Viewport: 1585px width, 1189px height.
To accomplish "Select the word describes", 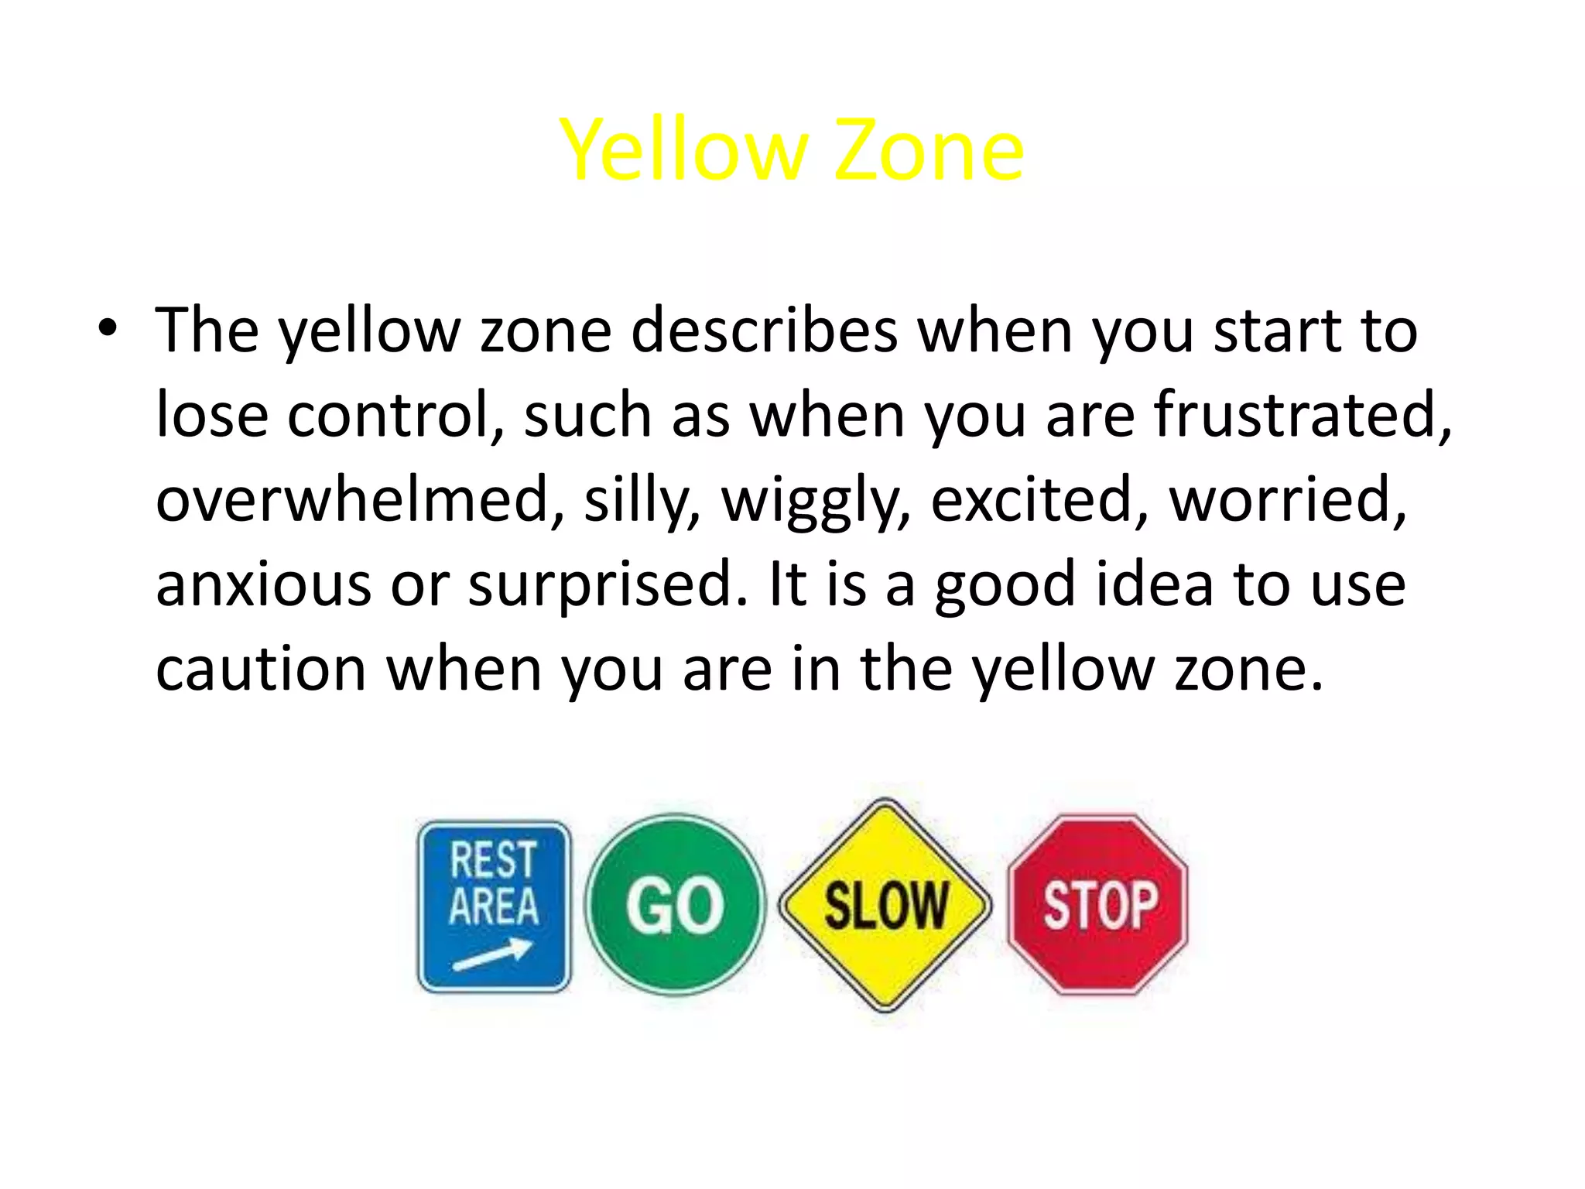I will click(x=764, y=331).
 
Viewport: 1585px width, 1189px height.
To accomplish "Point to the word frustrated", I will click(x=1302, y=415).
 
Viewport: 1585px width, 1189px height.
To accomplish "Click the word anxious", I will click(x=263, y=584).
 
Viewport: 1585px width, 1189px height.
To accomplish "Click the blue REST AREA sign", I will click(x=495, y=906).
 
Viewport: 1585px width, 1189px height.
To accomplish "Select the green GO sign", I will click(x=675, y=905).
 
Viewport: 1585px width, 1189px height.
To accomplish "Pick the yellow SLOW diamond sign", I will click(x=885, y=905).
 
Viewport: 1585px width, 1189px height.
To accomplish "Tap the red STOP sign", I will click(x=1098, y=904).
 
